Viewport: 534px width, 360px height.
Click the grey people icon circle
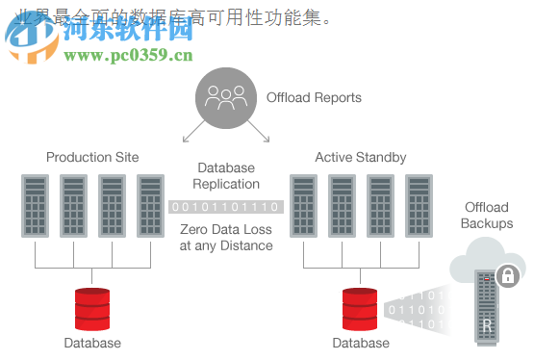[x=226, y=96]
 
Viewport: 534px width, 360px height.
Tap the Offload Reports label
[x=314, y=97]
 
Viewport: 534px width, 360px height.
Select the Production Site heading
[x=92, y=157]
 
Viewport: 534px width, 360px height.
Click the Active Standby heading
[x=361, y=157]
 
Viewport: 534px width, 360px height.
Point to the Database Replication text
[x=226, y=175]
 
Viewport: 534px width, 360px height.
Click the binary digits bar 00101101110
[x=226, y=206]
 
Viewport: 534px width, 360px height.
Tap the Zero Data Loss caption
[x=226, y=237]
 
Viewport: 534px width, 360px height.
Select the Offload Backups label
[x=487, y=215]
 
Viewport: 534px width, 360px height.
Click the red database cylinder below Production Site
[x=92, y=307]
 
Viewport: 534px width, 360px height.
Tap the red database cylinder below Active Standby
[x=361, y=307]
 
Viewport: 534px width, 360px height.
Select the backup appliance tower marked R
[x=487, y=307]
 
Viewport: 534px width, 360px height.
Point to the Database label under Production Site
[x=92, y=343]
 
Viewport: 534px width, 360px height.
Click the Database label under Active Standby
[x=361, y=343]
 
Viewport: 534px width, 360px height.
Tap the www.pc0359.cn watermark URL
[x=128, y=55]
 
